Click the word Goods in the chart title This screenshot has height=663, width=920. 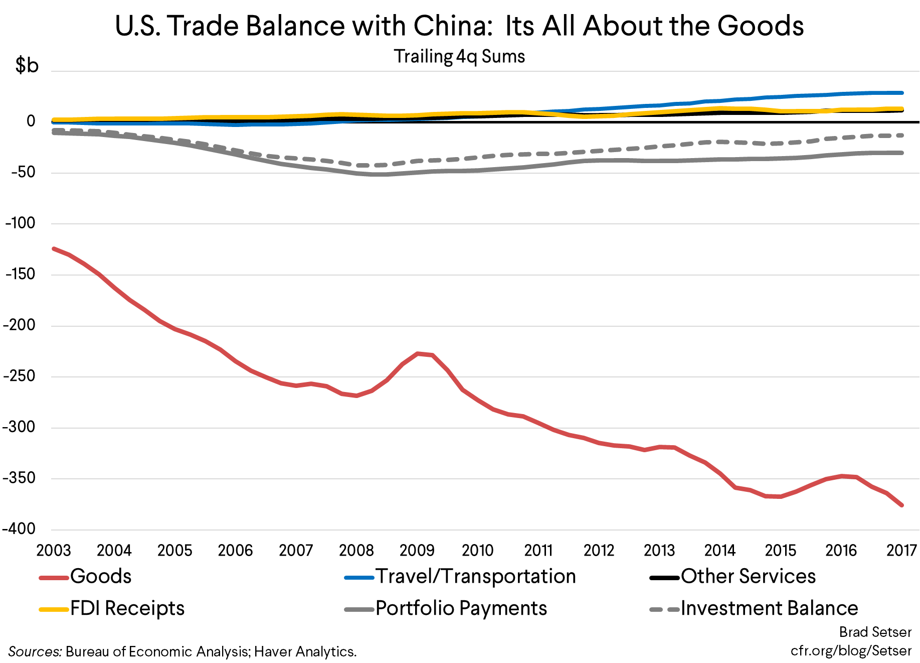[760, 26]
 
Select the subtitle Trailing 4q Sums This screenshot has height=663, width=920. [459, 56]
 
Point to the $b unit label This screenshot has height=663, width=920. [27, 65]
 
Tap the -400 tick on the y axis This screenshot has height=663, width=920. [19, 528]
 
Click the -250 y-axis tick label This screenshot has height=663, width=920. [19, 376]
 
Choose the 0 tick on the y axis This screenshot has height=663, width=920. [31, 121]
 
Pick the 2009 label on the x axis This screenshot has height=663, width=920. [417, 551]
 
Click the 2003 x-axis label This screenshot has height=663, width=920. [54, 551]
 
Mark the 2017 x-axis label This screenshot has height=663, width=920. [901, 551]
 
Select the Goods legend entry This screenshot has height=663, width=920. [100, 576]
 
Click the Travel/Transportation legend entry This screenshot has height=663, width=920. [475, 576]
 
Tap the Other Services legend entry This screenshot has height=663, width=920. [748, 576]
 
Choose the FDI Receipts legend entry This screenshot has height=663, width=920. [127, 608]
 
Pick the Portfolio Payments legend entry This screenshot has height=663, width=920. [461, 608]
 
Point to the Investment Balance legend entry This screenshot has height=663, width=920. [769, 608]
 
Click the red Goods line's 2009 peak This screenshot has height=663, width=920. [418, 354]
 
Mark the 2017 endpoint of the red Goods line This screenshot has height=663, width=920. [902, 505]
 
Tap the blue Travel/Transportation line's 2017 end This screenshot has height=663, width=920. [902, 93]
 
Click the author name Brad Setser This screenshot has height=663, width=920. [875, 632]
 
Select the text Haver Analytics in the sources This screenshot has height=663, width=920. [305, 651]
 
